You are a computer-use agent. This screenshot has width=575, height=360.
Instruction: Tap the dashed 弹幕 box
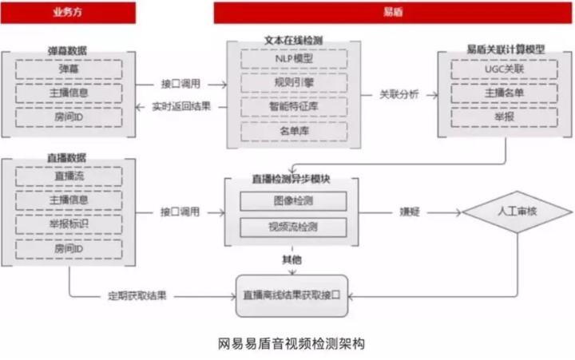click(x=68, y=69)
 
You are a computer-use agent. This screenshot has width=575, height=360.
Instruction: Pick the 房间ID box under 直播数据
click(x=68, y=249)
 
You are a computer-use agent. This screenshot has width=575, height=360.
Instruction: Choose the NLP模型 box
click(x=292, y=59)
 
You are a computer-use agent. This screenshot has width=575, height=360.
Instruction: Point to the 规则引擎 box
click(x=292, y=82)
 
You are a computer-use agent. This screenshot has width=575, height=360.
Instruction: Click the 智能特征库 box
click(x=292, y=105)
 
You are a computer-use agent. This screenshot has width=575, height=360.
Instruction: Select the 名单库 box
click(x=292, y=129)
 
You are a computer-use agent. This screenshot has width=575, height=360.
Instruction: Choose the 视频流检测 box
click(x=292, y=227)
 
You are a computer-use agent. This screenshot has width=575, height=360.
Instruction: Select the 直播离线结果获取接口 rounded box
click(x=292, y=295)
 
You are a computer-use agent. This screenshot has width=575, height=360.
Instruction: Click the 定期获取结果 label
click(x=137, y=295)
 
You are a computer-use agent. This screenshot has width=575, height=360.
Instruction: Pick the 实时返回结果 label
click(x=179, y=107)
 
